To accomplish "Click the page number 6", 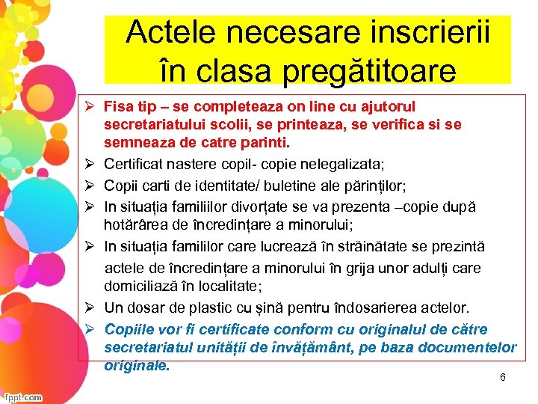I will point(503,377).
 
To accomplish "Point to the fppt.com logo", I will point(22,397).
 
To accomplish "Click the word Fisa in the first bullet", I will point(118,106).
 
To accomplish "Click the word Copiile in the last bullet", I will point(128,329).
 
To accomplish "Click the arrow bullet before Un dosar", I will point(88,307).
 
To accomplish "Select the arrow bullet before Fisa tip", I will point(88,106).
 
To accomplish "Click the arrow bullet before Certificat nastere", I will point(88,164).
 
